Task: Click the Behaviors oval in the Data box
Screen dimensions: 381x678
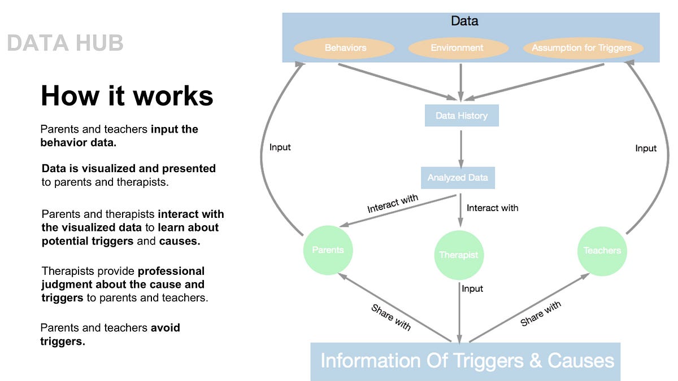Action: (346, 48)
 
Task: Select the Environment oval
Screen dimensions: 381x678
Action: (457, 48)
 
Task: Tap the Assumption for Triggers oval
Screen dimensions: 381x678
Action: (581, 48)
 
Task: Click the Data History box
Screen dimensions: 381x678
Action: (461, 116)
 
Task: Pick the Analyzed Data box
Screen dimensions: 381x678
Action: (458, 177)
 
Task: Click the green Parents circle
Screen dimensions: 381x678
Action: (328, 250)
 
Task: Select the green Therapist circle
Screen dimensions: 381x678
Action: (459, 255)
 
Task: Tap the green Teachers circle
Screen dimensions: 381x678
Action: (602, 250)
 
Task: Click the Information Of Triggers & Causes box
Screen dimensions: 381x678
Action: (467, 361)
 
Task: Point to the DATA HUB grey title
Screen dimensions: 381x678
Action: (65, 43)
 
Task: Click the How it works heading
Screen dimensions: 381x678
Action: (127, 95)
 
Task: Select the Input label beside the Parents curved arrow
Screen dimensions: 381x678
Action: (280, 147)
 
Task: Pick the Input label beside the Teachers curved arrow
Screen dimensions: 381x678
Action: (646, 148)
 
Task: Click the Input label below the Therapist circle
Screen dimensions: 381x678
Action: (472, 288)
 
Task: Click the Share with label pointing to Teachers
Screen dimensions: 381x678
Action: (541, 313)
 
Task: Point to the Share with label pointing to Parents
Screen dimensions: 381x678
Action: (390, 317)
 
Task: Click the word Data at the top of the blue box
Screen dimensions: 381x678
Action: (464, 21)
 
